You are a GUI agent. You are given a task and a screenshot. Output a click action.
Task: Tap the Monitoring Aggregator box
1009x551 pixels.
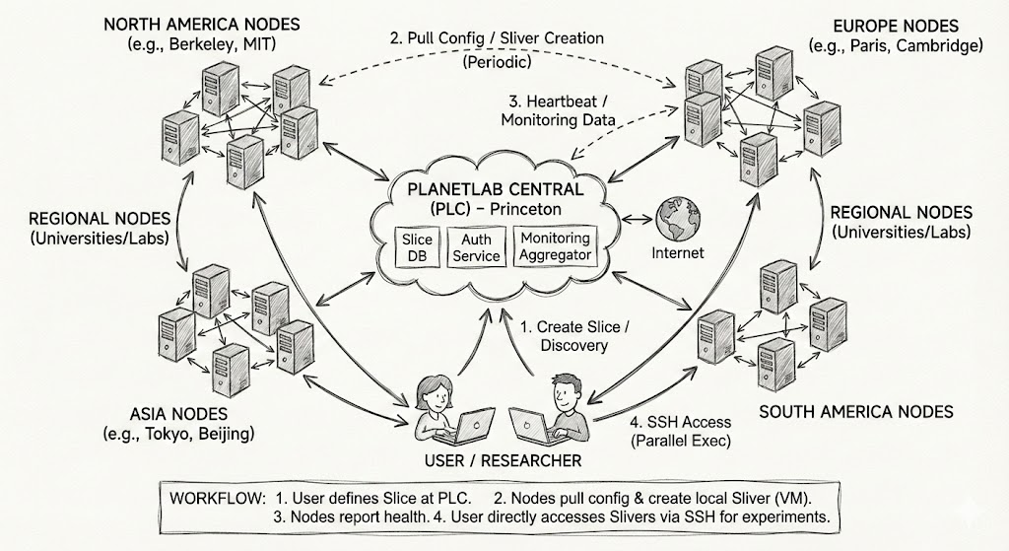coord(555,246)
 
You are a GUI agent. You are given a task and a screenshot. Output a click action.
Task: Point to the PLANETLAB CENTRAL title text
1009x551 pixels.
coord(500,189)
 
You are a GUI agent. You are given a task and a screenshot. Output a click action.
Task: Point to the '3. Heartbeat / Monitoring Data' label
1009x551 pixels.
coord(558,110)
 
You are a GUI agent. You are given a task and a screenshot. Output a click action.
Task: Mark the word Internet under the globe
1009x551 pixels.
coord(678,252)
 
